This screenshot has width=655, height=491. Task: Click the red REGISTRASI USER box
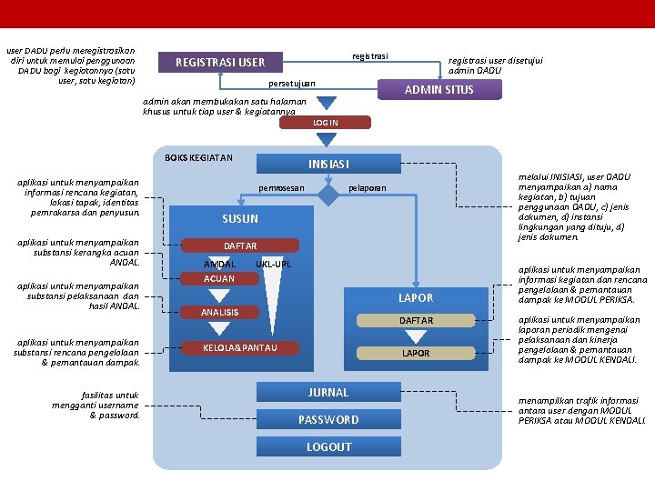point(220,63)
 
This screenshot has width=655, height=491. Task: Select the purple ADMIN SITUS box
point(438,89)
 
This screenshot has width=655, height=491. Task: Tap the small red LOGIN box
point(325,123)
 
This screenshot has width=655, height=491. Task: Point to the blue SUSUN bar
point(240,219)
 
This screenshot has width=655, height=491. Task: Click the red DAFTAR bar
point(240,246)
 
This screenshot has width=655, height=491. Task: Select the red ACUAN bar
point(219,279)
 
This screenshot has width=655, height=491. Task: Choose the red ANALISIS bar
point(220,313)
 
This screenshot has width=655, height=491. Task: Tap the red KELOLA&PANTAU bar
point(240,347)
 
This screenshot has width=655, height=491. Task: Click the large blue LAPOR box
point(416,298)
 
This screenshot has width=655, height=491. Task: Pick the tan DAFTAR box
point(416,321)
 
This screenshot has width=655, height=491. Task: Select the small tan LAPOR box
point(416,353)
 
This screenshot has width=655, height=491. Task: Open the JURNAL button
point(328,393)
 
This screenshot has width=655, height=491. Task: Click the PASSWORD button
point(328,420)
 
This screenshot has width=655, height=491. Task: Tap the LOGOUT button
point(328,447)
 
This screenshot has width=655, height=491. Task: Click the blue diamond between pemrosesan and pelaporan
point(325,188)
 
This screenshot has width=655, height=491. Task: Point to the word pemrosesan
point(281,188)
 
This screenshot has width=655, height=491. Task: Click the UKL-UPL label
point(273,264)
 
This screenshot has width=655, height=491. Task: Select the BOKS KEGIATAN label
point(198,158)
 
